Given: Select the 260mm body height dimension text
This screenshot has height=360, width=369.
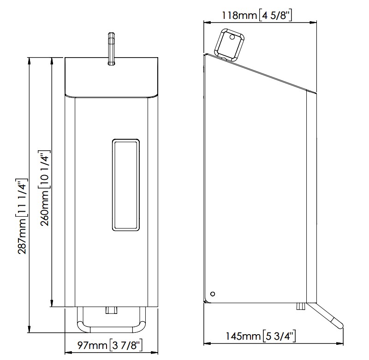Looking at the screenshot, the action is tap(44, 188).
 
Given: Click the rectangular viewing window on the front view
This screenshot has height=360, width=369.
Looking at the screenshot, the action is tap(126, 185).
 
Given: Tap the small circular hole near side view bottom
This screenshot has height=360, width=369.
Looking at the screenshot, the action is tap(213, 294).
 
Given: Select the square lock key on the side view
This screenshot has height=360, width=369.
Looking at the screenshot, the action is tap(229, 44).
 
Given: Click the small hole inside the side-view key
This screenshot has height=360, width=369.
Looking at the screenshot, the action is tap(232, 37).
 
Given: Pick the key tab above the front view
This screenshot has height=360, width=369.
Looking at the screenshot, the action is tap(111, 48).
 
